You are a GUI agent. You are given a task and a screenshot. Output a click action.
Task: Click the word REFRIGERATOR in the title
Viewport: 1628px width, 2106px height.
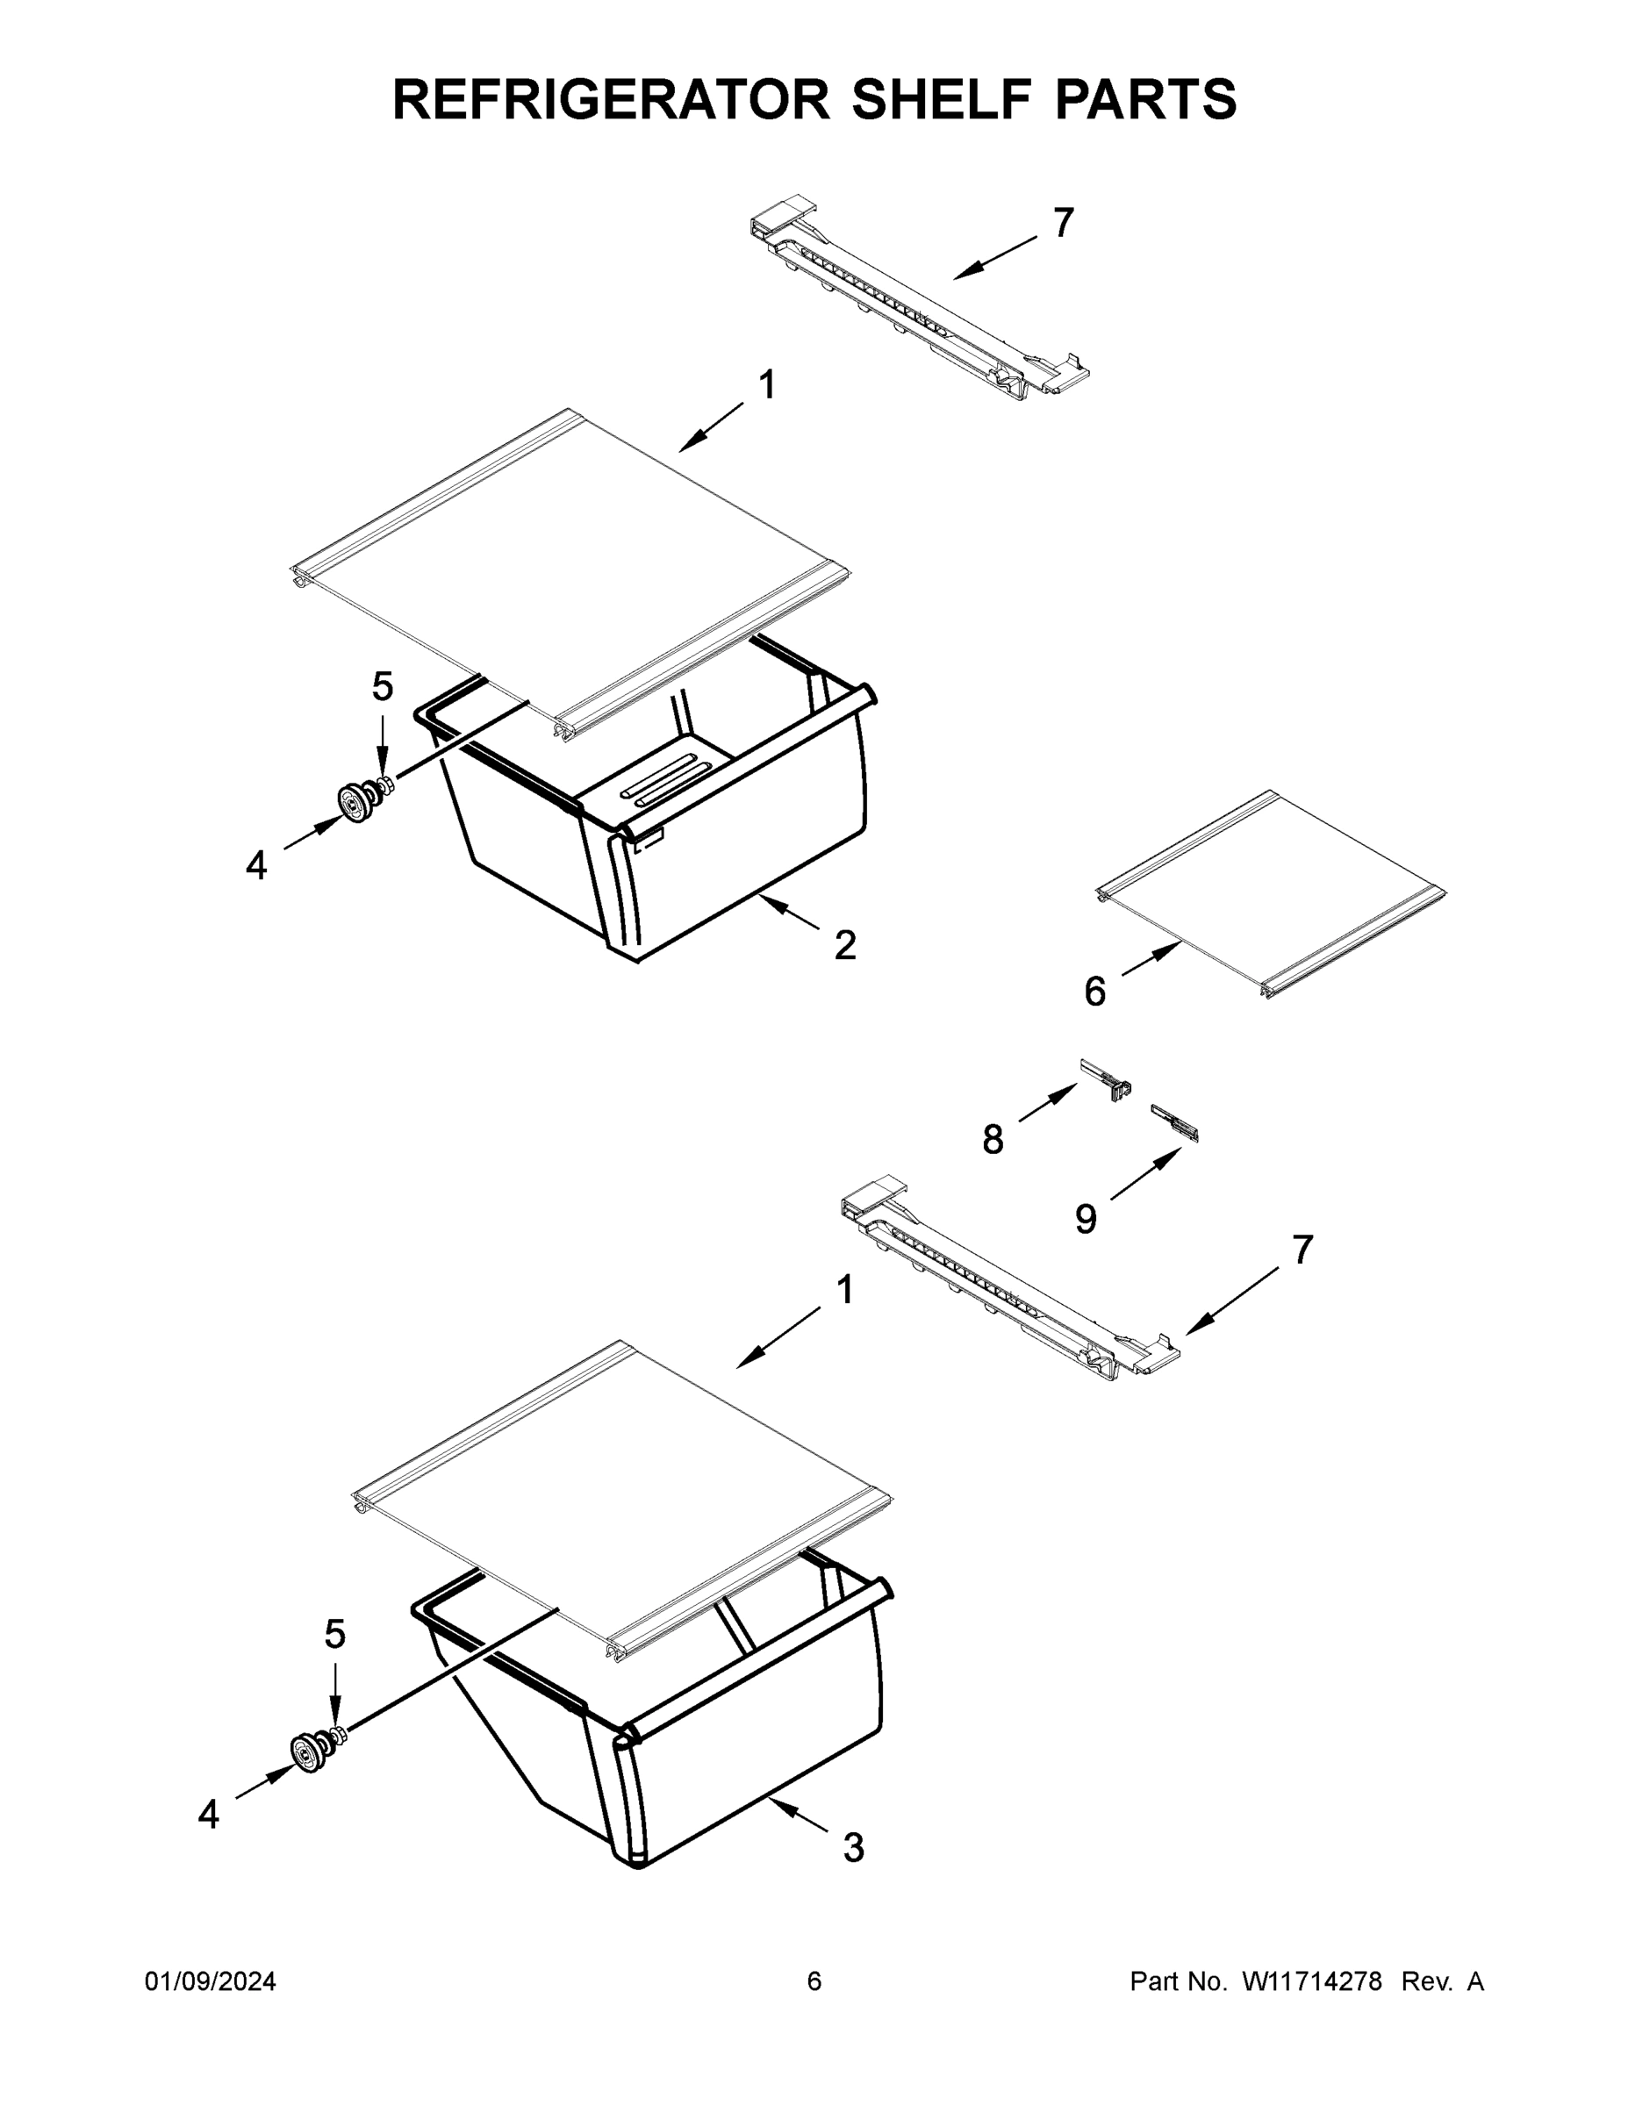point(612,99)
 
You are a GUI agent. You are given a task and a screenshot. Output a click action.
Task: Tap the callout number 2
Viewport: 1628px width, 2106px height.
point(845,946)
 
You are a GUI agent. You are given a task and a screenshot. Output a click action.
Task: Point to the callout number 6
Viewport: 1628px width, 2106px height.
point(1094,992)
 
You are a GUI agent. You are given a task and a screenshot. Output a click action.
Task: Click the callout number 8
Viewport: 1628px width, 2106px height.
point(993,1140)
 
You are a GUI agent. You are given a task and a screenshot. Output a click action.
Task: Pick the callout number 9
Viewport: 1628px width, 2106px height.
point(1086,1219)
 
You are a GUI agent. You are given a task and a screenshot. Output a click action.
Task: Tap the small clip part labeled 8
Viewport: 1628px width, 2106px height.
point(1106,1080)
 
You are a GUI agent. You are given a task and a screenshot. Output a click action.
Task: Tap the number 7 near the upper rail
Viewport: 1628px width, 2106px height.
point(1063,223)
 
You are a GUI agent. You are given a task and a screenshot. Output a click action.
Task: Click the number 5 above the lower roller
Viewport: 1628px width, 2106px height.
point(334,1635)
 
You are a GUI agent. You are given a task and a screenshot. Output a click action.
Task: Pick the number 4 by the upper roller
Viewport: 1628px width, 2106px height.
point(255,866)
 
